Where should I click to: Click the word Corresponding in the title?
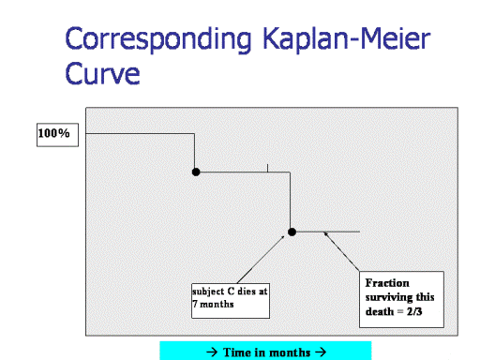158,39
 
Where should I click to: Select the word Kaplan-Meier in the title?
347,38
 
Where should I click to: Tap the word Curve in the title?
102,73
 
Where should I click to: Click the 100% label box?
57,135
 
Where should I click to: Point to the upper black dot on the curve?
196,172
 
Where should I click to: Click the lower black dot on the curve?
292,232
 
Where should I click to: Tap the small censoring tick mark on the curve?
267,168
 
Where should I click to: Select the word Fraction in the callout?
387,283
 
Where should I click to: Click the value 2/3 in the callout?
414,311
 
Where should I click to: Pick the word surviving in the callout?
390,297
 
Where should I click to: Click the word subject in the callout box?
208,292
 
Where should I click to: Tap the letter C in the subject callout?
231,292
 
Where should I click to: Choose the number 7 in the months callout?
195,304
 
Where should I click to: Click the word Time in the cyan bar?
237,352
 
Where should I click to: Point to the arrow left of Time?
212,352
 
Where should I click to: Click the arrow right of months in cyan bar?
321,352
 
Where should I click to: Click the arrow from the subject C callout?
261,260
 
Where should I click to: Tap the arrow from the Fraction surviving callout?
341,251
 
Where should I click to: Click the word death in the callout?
380,311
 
